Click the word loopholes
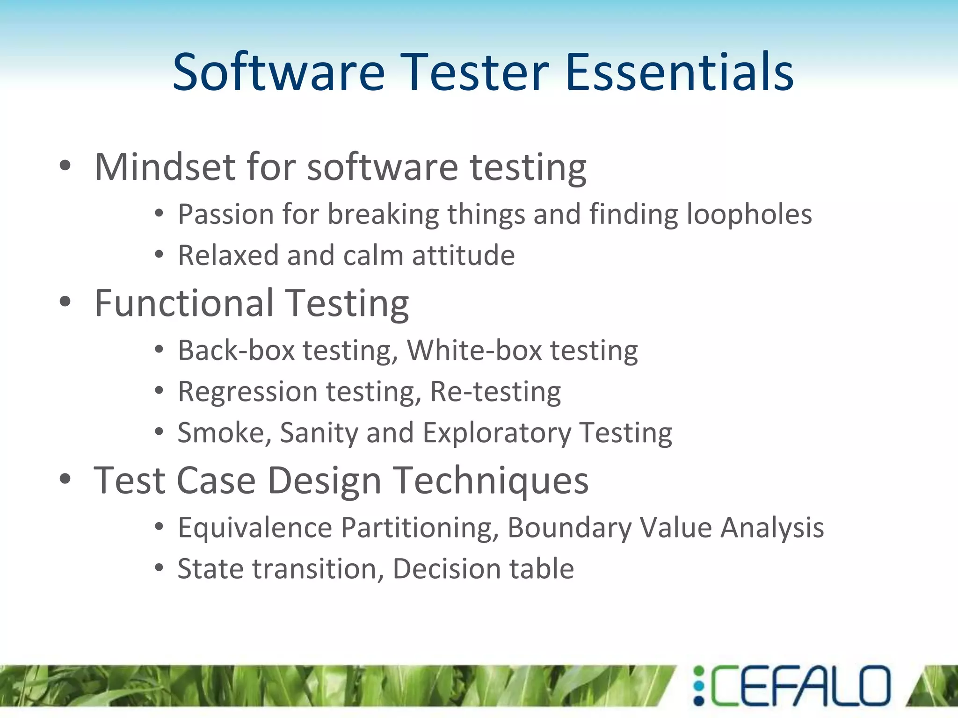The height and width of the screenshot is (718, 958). click(x=749, y=215)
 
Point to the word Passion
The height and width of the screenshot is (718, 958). click(x=225, y=215)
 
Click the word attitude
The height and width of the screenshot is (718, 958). click(x=463, y=256)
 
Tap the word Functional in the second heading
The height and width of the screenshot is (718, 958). click(x=184, y=303)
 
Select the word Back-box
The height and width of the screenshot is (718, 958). click(x=236, y=351)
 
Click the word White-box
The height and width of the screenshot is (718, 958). click(x=474, y=351)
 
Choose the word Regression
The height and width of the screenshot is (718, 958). click(x=247, y=392)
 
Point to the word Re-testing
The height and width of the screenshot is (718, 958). click(x=495, y=392)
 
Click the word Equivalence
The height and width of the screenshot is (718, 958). click(x=255, y=528)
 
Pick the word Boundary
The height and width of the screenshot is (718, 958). click(x=569, y=528)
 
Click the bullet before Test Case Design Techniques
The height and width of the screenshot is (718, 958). click(x=65, y=479)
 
